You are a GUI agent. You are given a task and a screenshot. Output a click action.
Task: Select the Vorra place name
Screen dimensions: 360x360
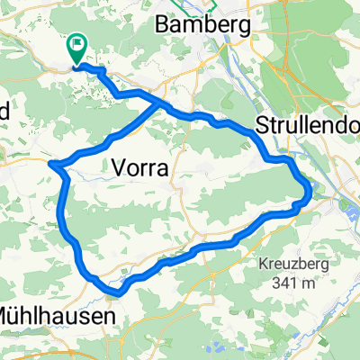tap(143, 166)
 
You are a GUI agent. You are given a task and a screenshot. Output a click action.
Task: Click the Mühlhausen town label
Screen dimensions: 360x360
tap(56, 317)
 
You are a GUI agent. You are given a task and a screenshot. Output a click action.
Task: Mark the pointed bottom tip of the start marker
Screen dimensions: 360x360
tap(76, 63)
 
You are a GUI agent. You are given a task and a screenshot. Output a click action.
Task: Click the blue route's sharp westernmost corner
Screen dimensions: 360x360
tap(51, 164)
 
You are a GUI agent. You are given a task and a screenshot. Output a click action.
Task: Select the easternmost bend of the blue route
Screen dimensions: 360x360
tap(310, 191)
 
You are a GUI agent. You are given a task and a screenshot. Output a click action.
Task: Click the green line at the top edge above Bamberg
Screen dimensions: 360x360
tap(213, 4)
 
